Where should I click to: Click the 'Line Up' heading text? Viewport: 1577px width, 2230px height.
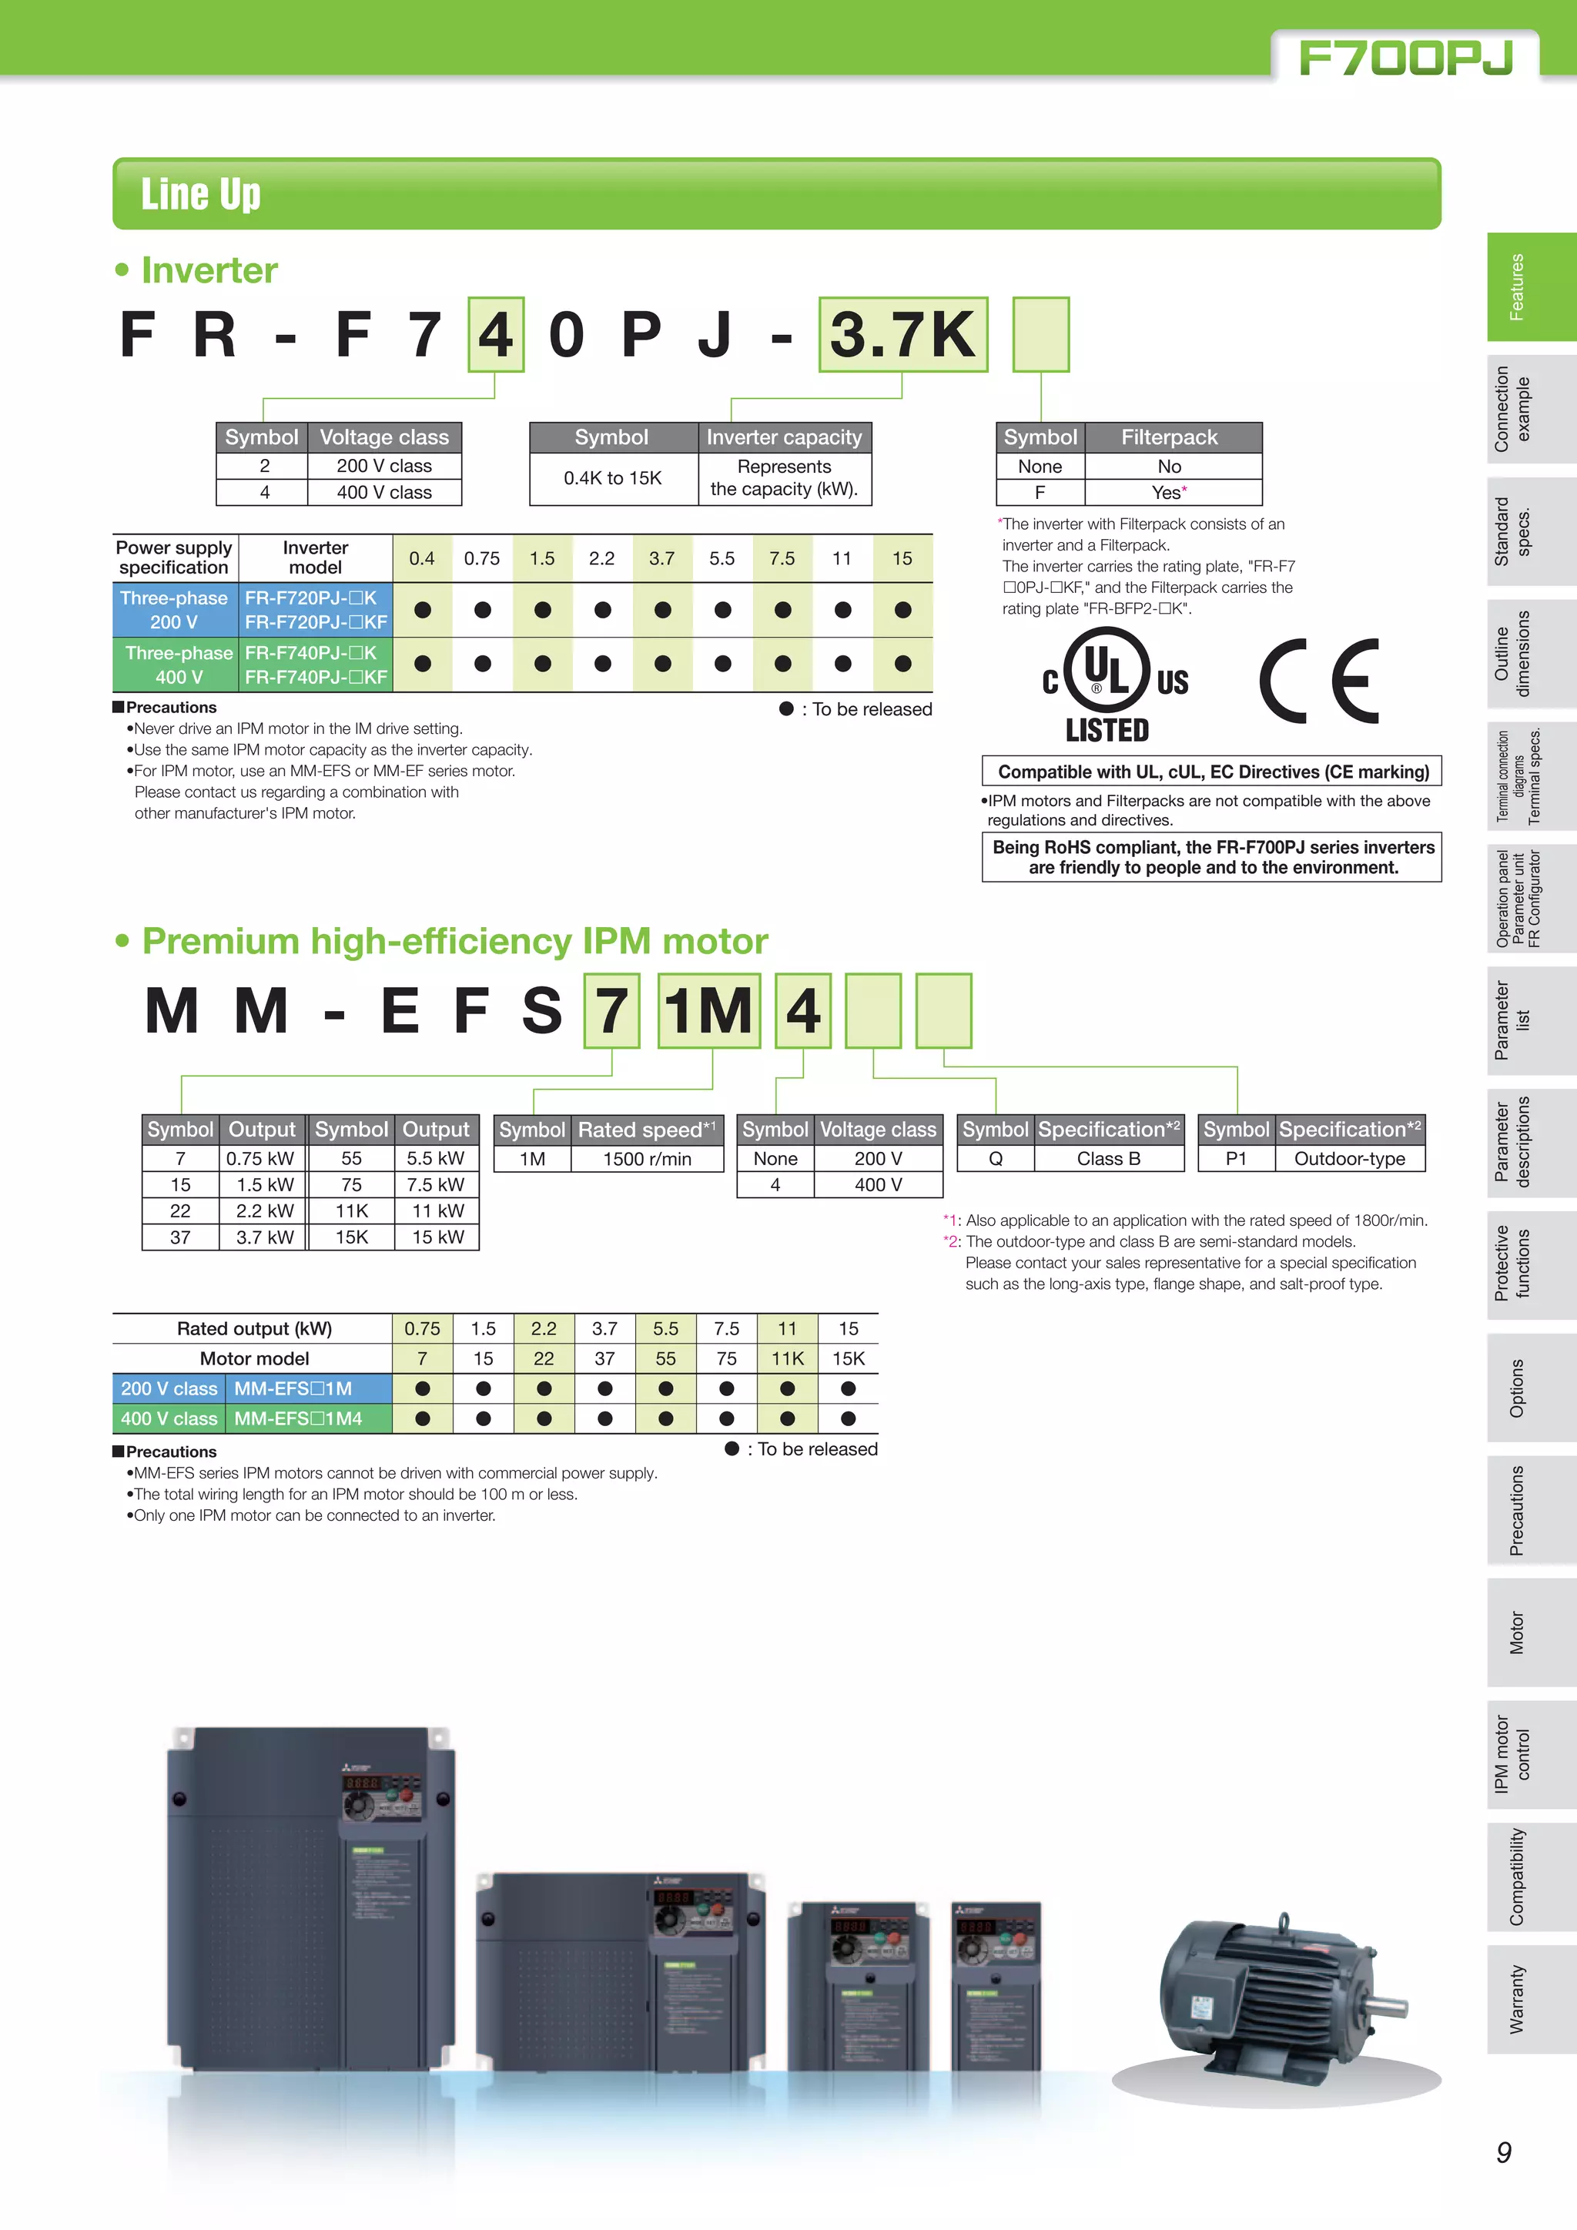[x=201, y=194]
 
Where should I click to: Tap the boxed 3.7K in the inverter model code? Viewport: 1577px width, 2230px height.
[x=902, y=335]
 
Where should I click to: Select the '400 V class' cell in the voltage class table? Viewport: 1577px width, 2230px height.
[x=383, y=492]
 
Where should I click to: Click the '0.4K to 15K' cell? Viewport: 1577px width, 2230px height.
[x=613, y=478]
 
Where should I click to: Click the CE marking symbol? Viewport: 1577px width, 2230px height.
[x=1319, y=681]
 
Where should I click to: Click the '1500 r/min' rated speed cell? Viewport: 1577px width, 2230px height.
[x=647, y=1159]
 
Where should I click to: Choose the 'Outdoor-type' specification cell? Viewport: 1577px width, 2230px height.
[x=1349, y=1159]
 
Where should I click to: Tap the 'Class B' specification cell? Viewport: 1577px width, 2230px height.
[x=1108, y=1159]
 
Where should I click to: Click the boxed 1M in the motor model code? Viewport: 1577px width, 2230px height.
[x=709, y=1011]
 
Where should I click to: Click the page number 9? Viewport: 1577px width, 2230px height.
[x=1503, y=2153]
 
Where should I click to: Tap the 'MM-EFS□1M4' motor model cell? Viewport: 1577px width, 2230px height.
[x=298, y=1419]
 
